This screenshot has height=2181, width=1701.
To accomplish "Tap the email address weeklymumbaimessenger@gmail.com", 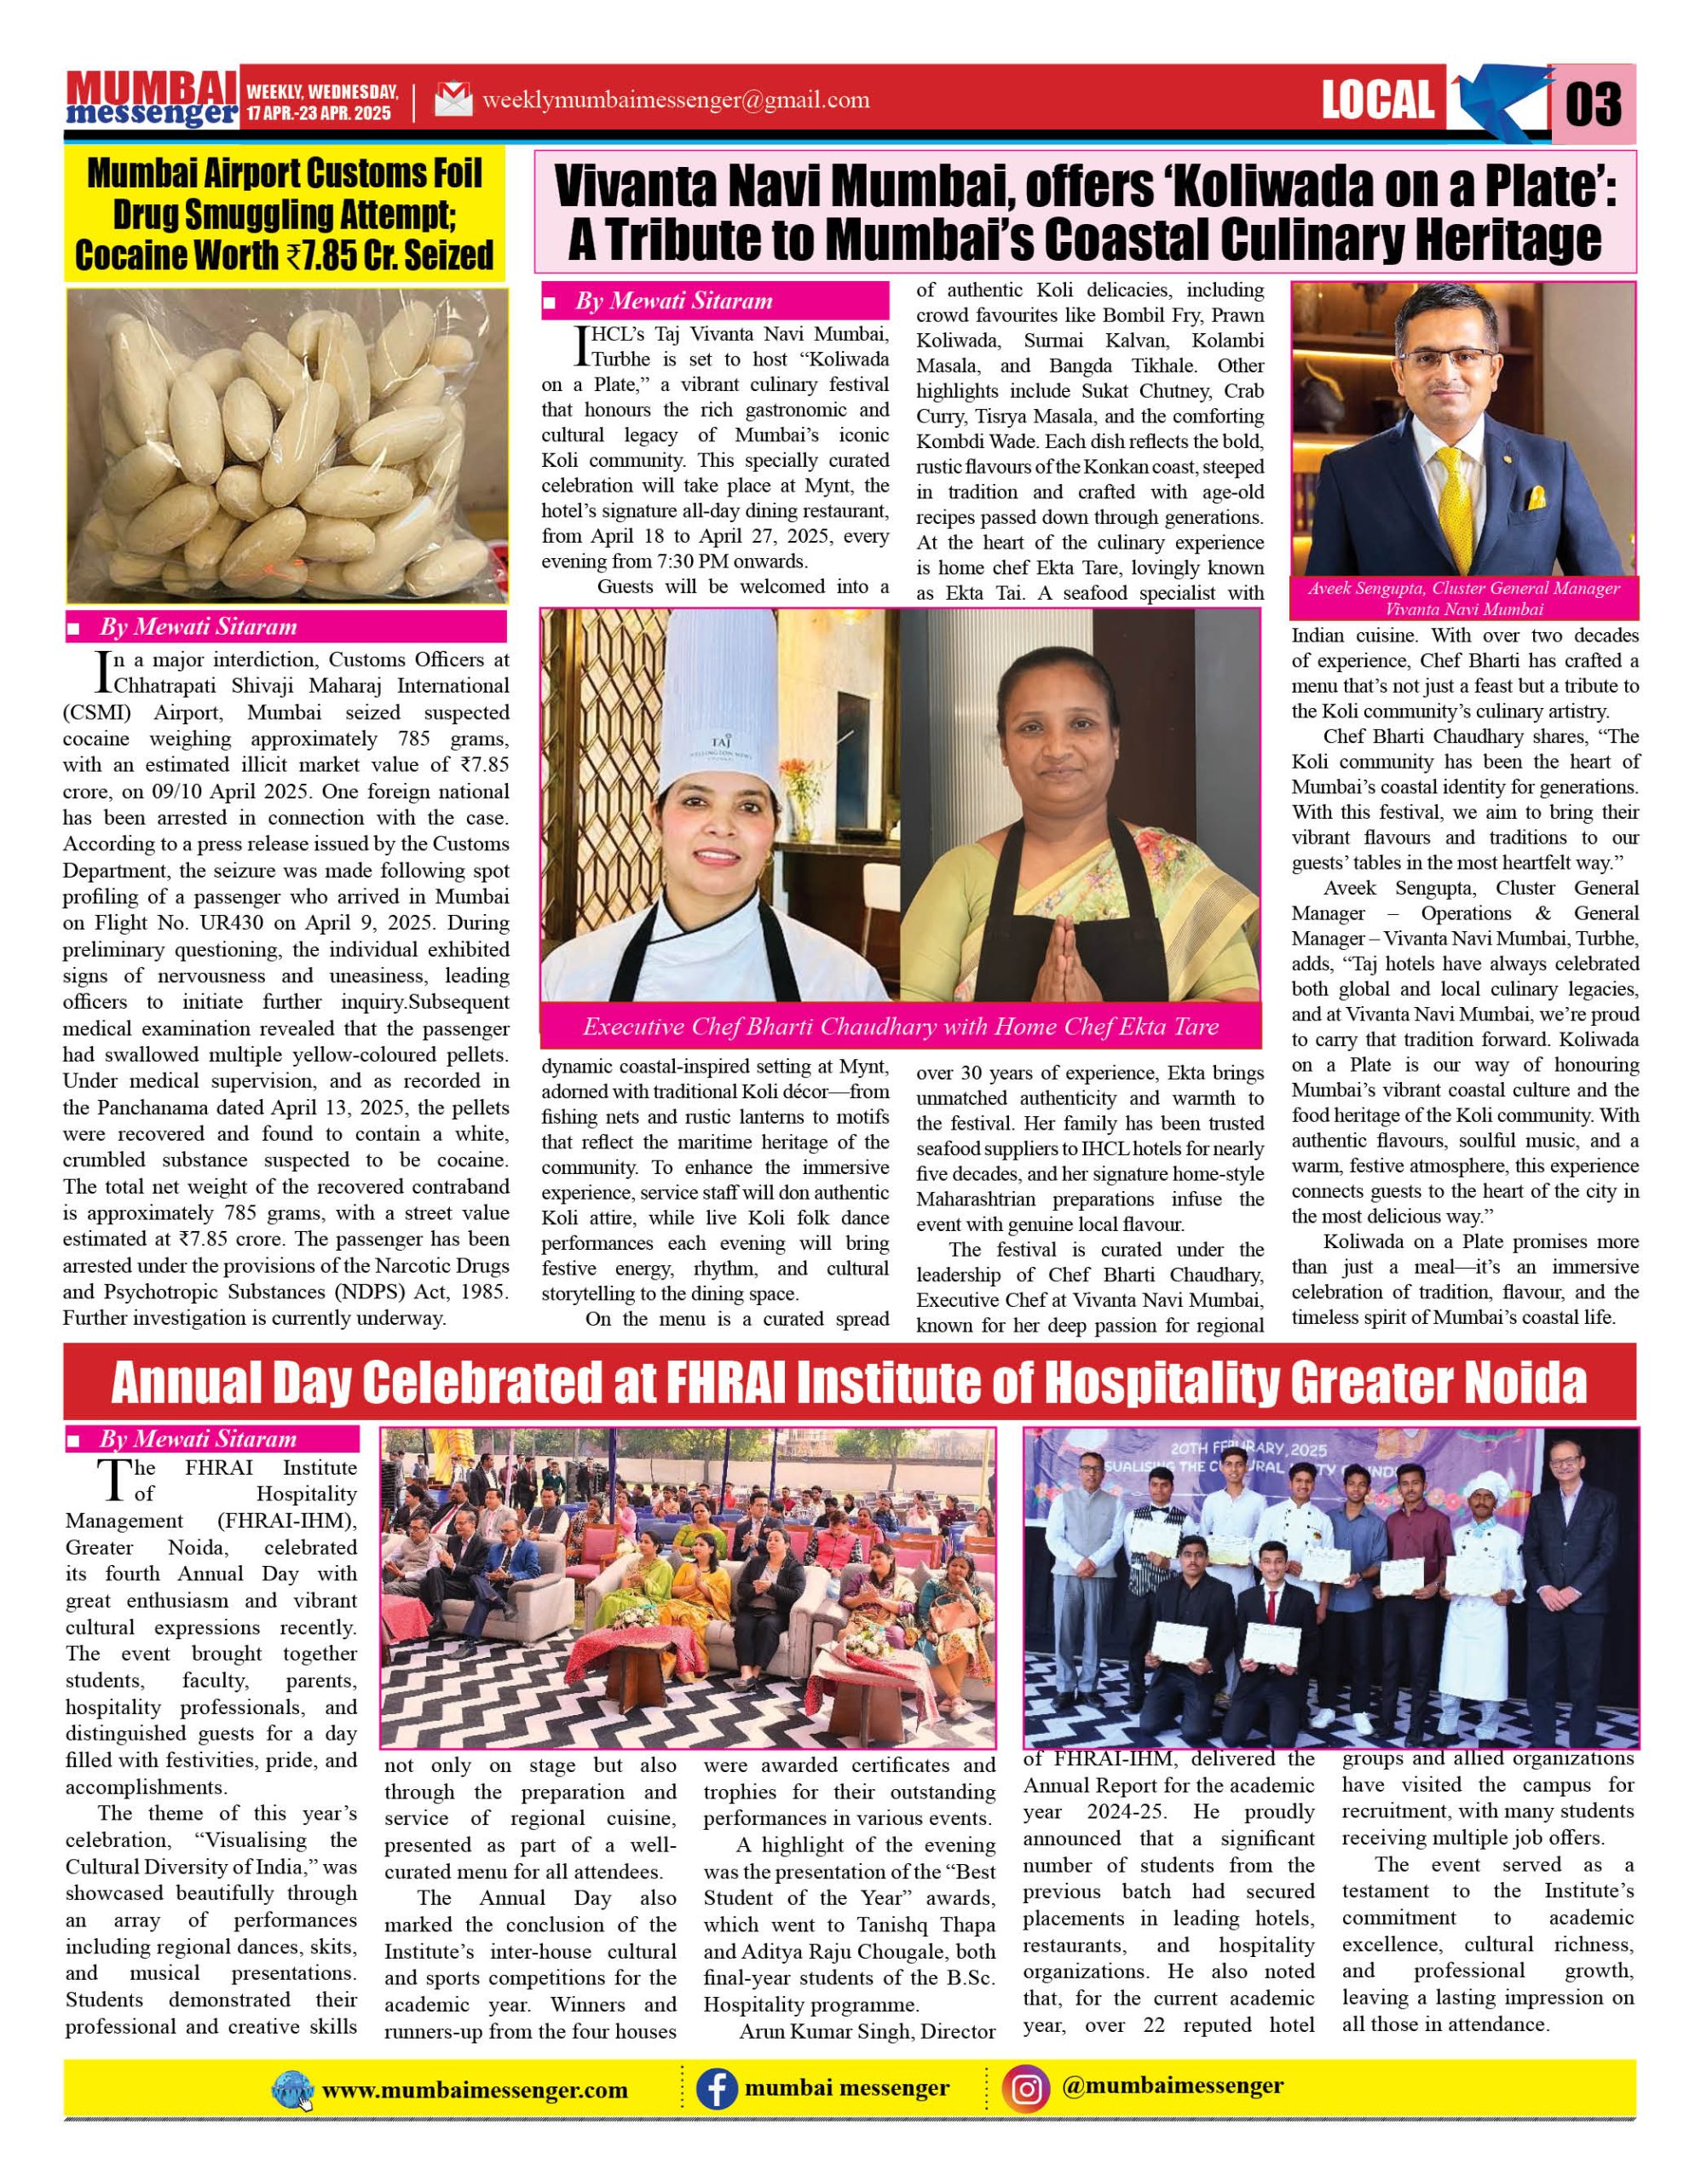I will pyautogui.click(x=675, y=100).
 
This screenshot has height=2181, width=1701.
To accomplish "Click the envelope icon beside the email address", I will pyautogui.click(x=453, y=101).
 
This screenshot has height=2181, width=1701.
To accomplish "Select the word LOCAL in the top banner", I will pyautogui.click(x=1377, y=100).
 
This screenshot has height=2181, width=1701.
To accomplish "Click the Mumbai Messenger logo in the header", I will pyautogui.click(x=151, y=98).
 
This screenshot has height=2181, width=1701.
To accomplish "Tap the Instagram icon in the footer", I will pyautogui.click(x=1028, y=2088).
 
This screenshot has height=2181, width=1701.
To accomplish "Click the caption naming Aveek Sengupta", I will pyautogui.click(x=1463, y=598).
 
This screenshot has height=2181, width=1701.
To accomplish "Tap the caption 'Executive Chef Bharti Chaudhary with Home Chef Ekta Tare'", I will pyautogui.click(x=900, y=1027).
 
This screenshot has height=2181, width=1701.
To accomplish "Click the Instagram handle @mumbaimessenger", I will pyautogui.click(x=1173, y=2086).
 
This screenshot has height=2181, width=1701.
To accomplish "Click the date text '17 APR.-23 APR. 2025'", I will pyautogui.click(x=320, y=114).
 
